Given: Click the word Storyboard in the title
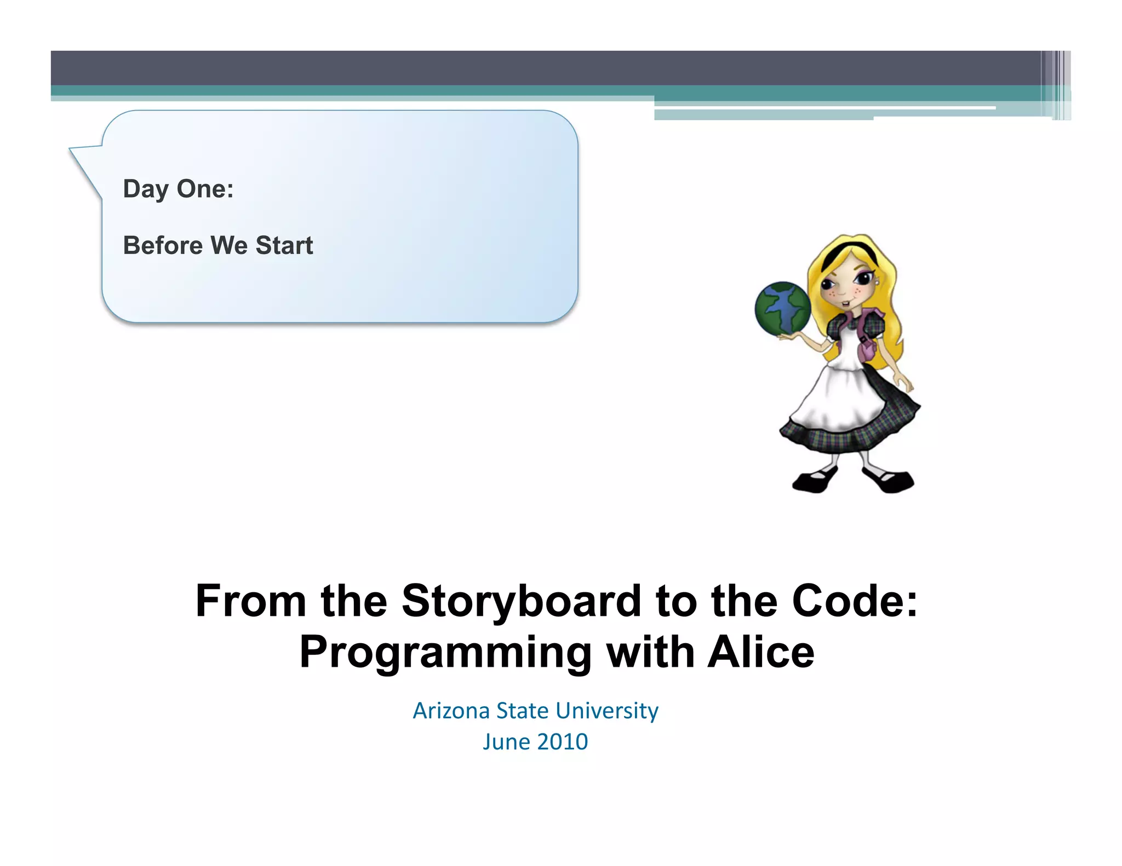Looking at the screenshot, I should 520,602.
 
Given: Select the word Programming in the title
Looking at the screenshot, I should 445,653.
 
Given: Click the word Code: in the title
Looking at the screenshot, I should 854,601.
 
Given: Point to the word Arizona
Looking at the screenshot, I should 451,711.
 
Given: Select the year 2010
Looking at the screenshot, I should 562,742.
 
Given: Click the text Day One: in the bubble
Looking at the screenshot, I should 178,189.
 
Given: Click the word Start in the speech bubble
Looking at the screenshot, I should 284,245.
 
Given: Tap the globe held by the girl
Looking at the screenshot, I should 782,308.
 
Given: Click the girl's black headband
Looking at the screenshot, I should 841,253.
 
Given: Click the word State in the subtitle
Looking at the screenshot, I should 522,711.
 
